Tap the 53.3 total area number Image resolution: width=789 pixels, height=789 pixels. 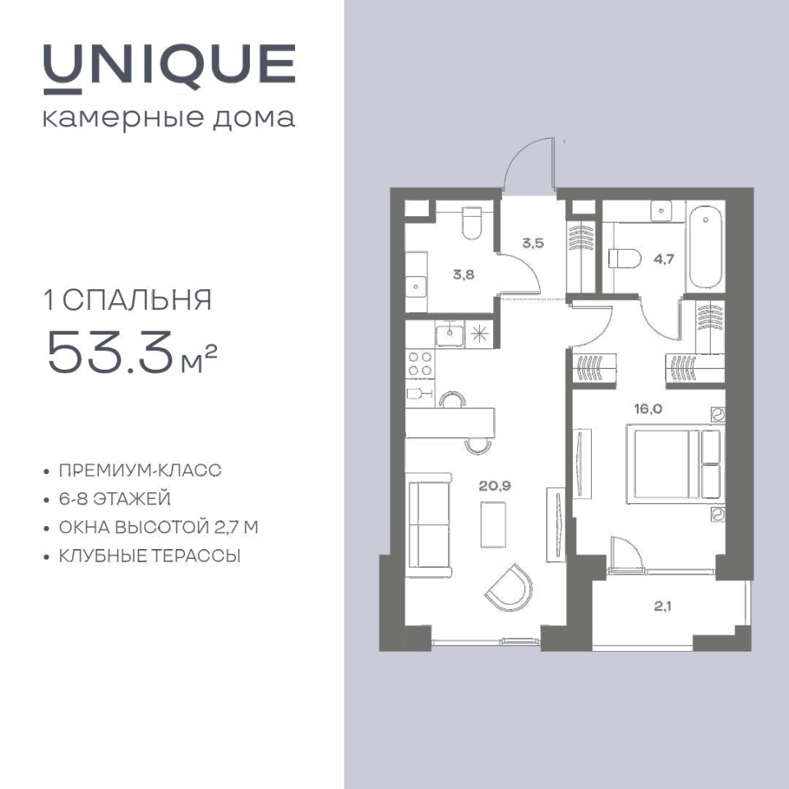pos(111,352)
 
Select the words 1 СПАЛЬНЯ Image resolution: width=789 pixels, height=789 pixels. pos(128,300)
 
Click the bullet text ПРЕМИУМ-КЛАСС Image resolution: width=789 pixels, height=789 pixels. pos(140,470)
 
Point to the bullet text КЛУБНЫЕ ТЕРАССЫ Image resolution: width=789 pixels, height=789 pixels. pos(150,556)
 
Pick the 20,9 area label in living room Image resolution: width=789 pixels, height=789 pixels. pos(495,486)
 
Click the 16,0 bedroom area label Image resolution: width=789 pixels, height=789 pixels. pos(648,409)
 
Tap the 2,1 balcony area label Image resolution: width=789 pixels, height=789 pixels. pos(662,607)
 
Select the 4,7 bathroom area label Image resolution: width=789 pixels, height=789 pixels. pos(664,260)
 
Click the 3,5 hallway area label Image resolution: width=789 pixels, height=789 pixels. pos(533,243)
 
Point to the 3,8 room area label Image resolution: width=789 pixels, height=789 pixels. pos(463,275)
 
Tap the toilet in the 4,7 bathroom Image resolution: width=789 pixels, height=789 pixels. pos(625,259)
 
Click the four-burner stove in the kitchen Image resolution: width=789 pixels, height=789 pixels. pos(420,364)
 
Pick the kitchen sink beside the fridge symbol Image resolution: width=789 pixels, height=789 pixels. pos(450,334)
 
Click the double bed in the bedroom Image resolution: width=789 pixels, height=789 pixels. pos(675,464)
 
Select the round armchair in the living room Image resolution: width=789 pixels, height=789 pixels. pos(510,588)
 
